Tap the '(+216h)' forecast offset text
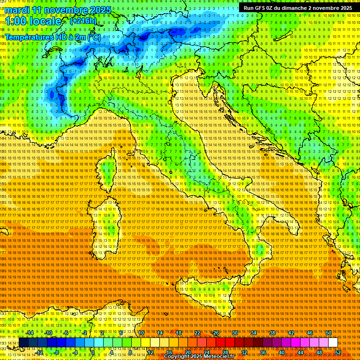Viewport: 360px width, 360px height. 83,21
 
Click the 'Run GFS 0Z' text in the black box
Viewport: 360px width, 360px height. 258,8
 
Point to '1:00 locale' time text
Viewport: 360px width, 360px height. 33,22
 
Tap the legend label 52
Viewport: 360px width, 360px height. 338,352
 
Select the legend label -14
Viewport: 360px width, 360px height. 30,333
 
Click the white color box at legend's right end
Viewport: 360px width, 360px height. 333,342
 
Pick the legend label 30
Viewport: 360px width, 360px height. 235,333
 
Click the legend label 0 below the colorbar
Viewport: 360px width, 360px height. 93,352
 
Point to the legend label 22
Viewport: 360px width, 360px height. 197,333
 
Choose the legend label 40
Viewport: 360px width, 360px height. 282,352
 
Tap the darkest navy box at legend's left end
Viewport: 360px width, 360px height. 23,342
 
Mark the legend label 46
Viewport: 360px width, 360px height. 310,333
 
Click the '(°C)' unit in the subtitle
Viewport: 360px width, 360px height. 94,37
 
